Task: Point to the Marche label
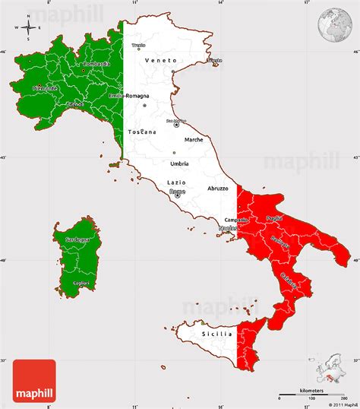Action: [193, 139]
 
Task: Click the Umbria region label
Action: [179, 163]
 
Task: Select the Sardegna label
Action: [77, 239]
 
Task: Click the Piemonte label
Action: [46, 88]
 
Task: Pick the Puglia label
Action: [274, 218]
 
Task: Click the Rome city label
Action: [177, 192]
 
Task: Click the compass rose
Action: [28, 28]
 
